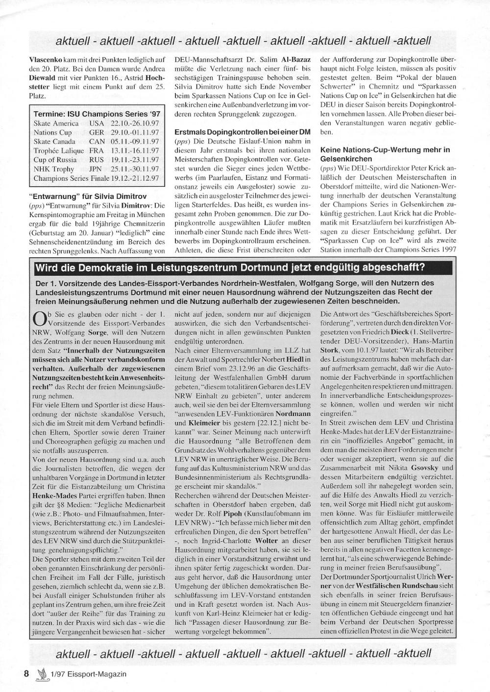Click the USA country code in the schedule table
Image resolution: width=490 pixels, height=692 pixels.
point(97,124)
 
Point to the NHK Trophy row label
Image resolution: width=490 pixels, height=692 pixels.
point(54,169)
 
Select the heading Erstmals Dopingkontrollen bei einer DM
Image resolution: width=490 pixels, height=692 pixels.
point(242,132)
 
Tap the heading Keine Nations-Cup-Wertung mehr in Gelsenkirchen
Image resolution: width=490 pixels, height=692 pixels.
point(385,154)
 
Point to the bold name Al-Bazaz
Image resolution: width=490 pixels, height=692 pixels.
point(293,68)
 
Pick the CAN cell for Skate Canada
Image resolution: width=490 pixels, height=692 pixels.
point(97,142)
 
